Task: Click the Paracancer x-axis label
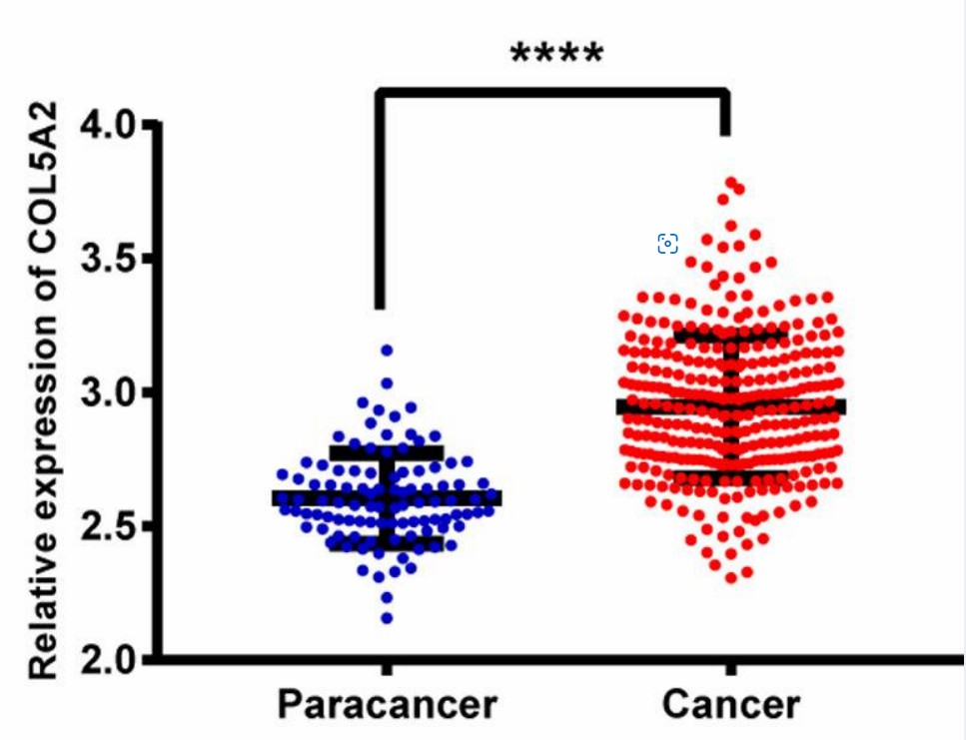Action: pos(387,705)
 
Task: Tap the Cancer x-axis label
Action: pos(730,705)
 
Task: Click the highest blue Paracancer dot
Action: pos(387,351)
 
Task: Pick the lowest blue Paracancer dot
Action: pos(387,619)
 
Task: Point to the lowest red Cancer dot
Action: pos(731,577)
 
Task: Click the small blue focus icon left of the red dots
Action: pos(667,244)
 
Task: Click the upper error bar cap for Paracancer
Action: pos(387,453)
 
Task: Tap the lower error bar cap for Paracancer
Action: pos(387,543)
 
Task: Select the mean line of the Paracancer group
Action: pos(387,498)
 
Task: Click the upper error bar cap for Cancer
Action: pos(730,336)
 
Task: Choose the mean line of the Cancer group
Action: pos(730,406)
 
